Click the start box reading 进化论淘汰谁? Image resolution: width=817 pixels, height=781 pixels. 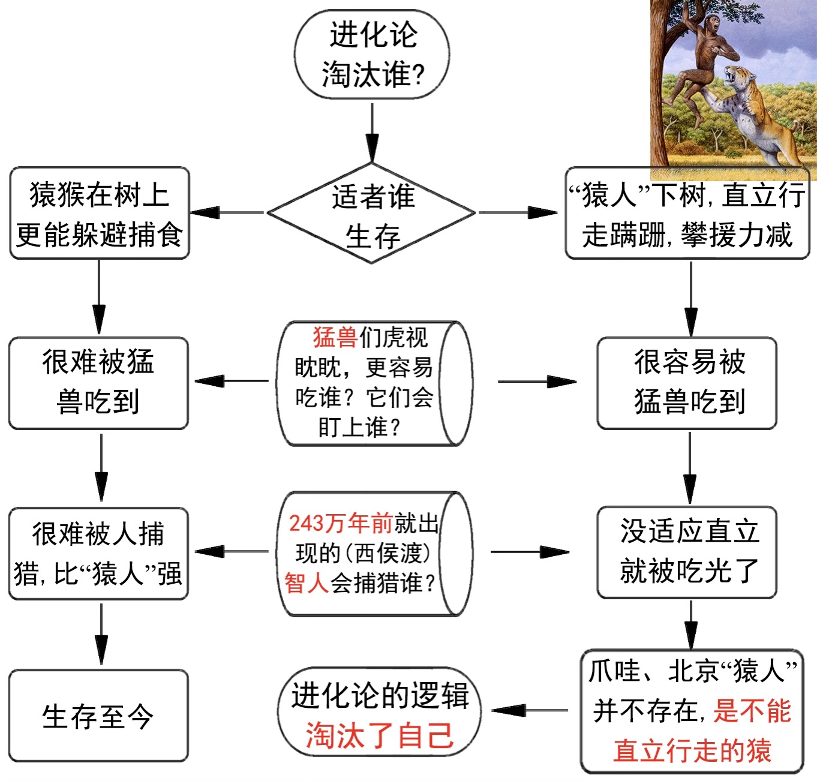pos(372,54)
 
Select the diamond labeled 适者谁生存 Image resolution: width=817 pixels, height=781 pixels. pos(372,214)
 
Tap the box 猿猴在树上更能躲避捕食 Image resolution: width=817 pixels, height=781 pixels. pos(100,214)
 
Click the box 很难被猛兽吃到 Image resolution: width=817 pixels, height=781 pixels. pos(98,383)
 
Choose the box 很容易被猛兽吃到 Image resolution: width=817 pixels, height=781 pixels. pos(687,383)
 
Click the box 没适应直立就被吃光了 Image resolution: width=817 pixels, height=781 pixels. pos(687,552)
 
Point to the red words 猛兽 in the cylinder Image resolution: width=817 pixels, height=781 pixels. pos(335,337)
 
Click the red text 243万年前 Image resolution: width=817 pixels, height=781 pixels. pos(340,523)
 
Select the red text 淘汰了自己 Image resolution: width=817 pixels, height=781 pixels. pos(379,735)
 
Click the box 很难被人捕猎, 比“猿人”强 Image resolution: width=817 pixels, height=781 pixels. pos(98,553)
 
